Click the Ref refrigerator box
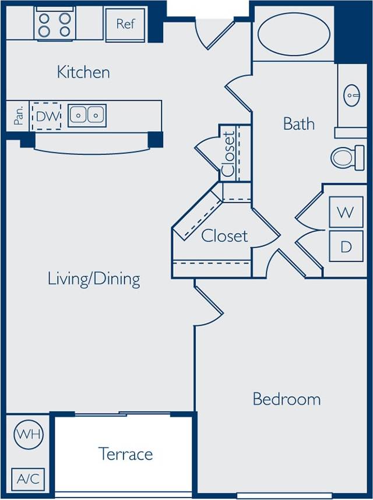[x=125, y=24]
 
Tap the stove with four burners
[x=54, y=24]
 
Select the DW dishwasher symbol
[x=47, y=116]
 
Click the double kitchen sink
[x=87, y=115]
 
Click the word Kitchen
[x=83, y=72]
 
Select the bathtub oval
[x=293, y=35]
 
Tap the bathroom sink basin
[x=353, y=94]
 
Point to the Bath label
[x=298, y=124]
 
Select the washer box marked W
[x=346, y=213]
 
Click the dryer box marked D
[x=346, y=247]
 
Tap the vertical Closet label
[x=228, y=153]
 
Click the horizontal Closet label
[x=224, y=236]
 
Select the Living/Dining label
[x=94, y=279]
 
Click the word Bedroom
[x=286, y=399]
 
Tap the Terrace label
[x=125, y=453]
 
